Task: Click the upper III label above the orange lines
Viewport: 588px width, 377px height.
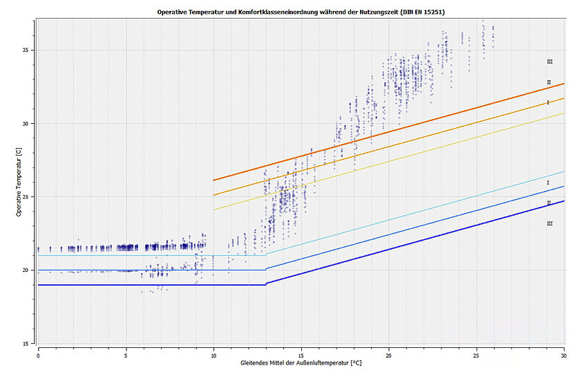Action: click(x=549, y=62)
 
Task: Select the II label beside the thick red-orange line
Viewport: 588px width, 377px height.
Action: click(x=549, y=82)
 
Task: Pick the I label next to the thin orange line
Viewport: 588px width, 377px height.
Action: click(x=548, y=102)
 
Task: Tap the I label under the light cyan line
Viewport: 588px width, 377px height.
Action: click(x=548, y=183)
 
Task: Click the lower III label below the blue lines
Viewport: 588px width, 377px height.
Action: click(x=549, y=223)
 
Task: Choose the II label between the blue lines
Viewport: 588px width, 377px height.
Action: click(x=549, y=203)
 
